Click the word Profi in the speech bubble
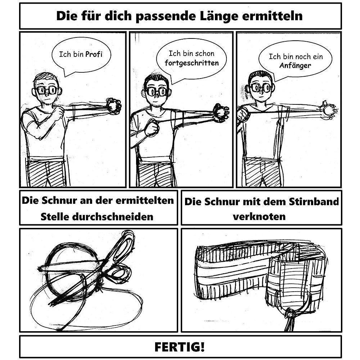(x=94, y=54)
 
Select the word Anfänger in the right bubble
(x=295, y=66)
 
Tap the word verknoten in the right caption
(x=259, y=217)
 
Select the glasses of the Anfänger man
(x=260, y=87)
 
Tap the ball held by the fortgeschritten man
(x=221, y=112)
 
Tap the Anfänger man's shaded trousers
(x=263, y=173)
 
